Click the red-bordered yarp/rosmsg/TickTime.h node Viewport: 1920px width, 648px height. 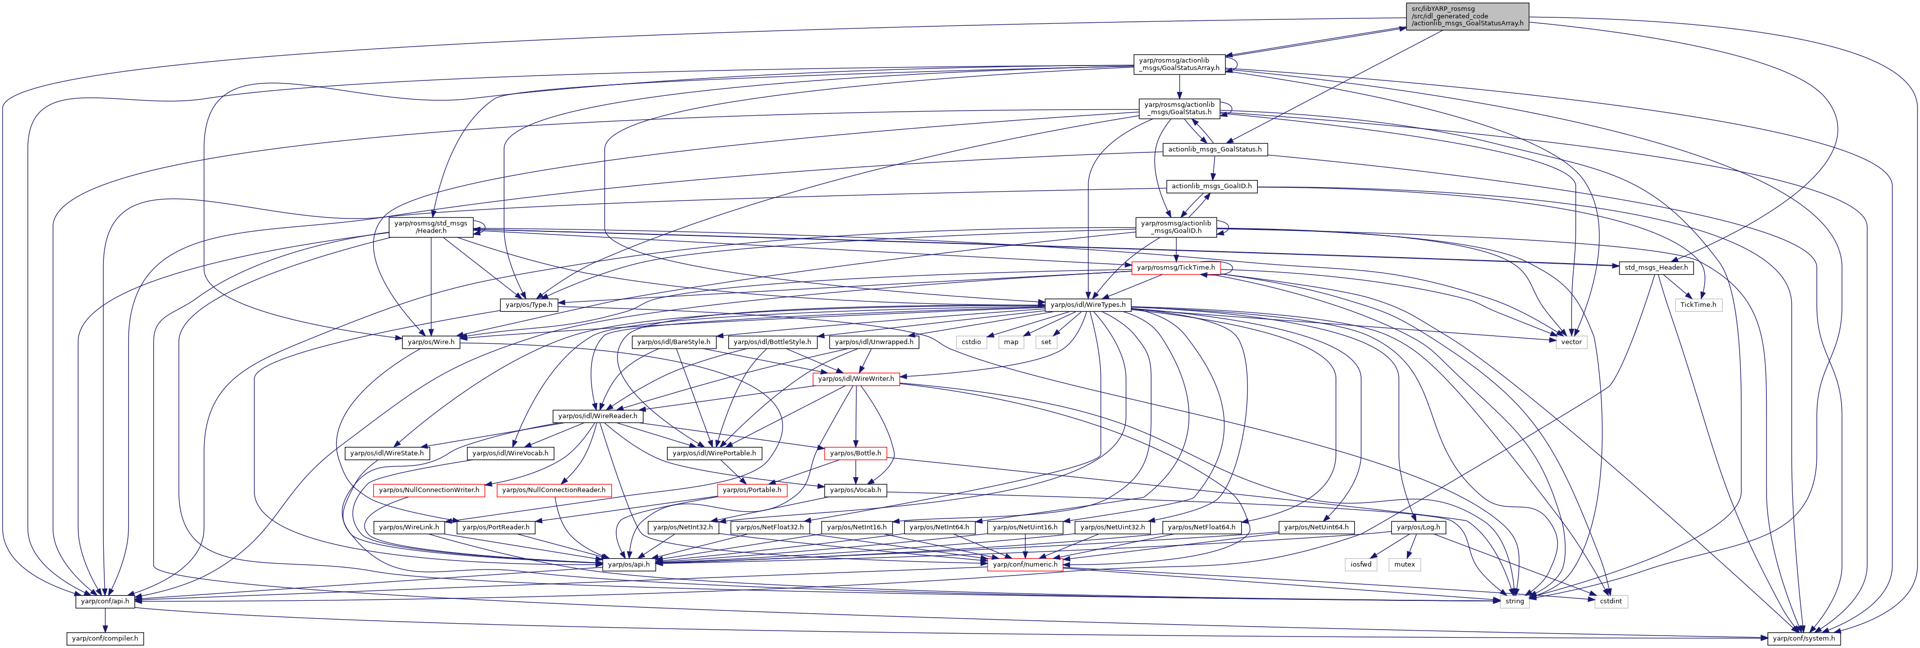pyautogui.click(x=1175, y=267)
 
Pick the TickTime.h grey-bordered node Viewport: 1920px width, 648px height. pyautogui.click(x=1698, y=305)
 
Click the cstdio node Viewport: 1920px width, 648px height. pyautogui.click(x=971, y=342)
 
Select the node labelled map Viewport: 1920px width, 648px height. pyautogui.click(x=1011, y=342)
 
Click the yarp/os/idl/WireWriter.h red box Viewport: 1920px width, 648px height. pyautogui.click(x=855, y=378)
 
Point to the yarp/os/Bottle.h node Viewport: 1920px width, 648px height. pyautogui.click(x=855, y=453)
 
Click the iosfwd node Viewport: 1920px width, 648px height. pyautogui.click(x=1361, y=565)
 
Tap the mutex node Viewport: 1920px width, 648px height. pyautogui.click(x=1404, y=565)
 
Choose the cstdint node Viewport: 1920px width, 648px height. pyautogui.click(x=1611, y=601)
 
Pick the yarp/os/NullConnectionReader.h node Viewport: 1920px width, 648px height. pyautogui.click(x=554, y=490)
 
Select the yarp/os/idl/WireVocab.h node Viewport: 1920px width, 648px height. pyautogui.click(x=511, y=453)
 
